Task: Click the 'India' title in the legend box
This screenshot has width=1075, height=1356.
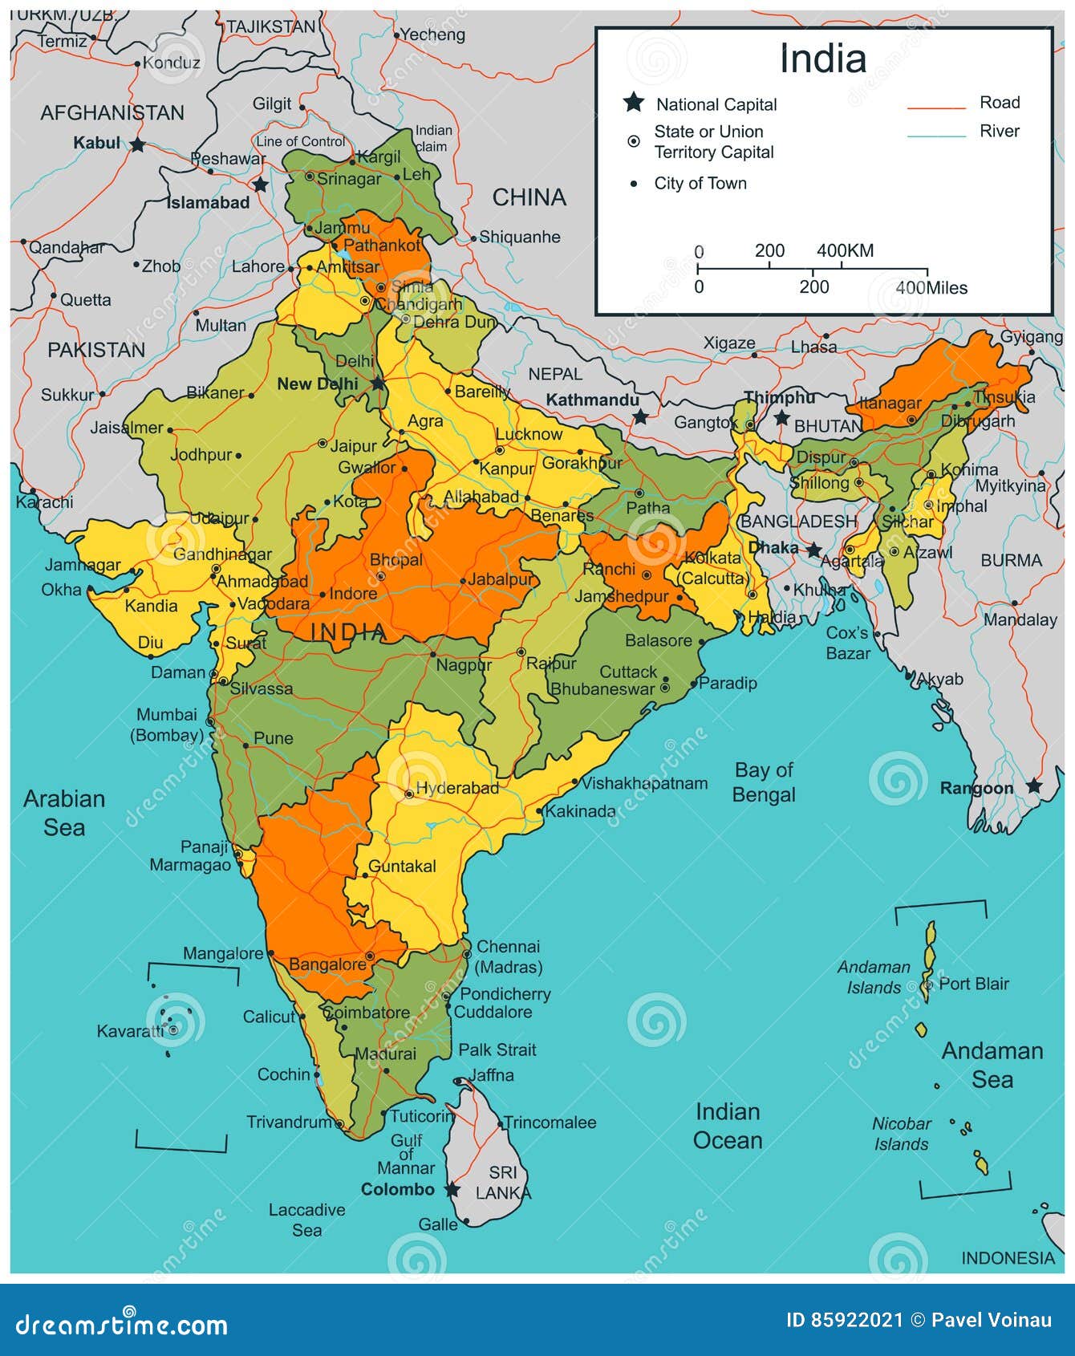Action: click(x=823, y=59)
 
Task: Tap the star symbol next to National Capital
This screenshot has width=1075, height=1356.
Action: click(x=634, y=103)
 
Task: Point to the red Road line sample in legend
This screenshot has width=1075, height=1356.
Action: click(x=936, y=107)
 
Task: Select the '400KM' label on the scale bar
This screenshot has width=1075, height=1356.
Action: click(x=845, y=250)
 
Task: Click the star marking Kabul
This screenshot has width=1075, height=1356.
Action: click(x=138, y=144)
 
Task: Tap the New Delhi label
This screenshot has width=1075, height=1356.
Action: click(x=318, y=384)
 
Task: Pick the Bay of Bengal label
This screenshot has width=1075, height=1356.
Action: click(x=765, y=782)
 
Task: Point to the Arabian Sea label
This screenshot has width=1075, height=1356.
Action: click(x=64, y=813)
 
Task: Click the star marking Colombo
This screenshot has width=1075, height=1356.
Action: click(x=452, y=1189)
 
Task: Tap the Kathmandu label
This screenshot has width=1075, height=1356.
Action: click(x=592, y=400)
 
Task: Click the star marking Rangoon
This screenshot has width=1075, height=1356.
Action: click(x=1034, y=786)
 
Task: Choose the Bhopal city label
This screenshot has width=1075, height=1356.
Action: click(x=396, y=559)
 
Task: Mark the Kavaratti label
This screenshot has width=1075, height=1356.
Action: click(x=129, y=1031)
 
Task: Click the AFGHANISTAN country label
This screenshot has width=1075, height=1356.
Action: click(x=112, y=113)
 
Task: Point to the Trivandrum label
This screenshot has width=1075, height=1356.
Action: click(x=289, y=1122)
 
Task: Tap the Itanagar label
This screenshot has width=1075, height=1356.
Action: click(x=890, y=403)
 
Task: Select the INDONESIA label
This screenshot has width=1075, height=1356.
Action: click(x=1008, y=1258)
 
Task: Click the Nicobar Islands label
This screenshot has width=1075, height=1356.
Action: click(x=902, y=1134)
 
